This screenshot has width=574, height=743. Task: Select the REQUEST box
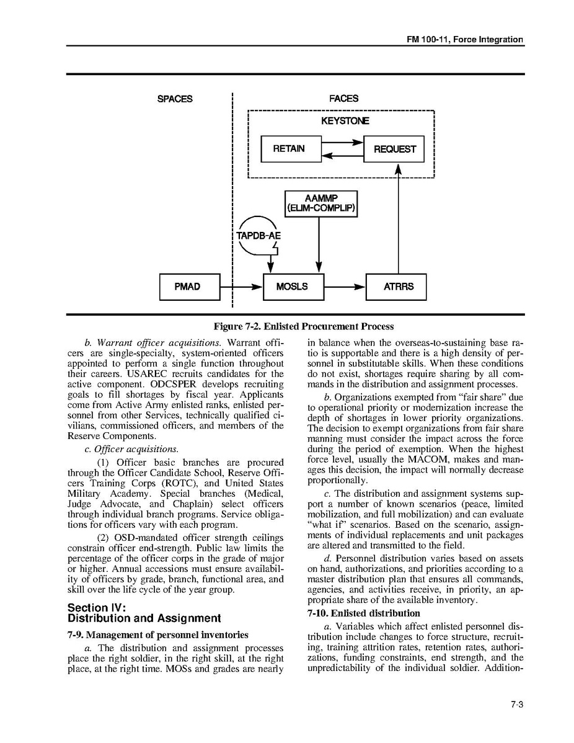[394, 149]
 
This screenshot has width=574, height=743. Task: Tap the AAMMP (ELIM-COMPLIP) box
[320, 203]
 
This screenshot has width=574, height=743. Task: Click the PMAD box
[189, 287]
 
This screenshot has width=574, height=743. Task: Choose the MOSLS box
[293, 287]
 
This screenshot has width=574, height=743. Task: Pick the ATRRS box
[396, 287]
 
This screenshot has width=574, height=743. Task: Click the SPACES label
[175, 99]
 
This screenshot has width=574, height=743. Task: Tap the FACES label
[343, 99]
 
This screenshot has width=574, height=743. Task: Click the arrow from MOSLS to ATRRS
[345, 287]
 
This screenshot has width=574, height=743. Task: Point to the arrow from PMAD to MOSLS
[242, 287]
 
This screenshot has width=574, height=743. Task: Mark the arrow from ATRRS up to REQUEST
[397, 217]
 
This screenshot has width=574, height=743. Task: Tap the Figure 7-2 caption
[303, 326]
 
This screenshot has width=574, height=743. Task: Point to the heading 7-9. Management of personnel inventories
[157, 634]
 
